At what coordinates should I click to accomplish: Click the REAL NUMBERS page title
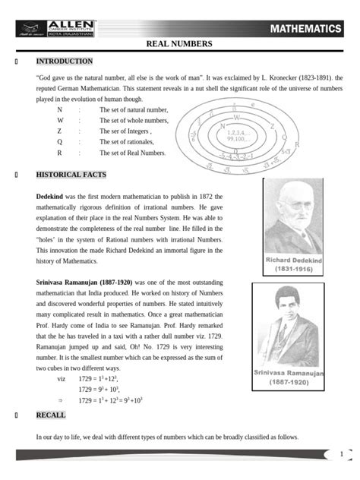[x=179, y=45]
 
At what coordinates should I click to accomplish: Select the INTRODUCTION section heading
[x=65, y=62]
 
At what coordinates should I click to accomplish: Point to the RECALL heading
[x=51, y=415]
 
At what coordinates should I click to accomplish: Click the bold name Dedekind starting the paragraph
[x=53, y=197]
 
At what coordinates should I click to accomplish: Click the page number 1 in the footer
[x=342, y=454]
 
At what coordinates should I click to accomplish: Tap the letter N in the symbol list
[x=59, y=110]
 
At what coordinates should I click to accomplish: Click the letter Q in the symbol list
[x=59, y=142]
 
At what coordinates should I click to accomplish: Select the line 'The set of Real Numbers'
[x=137, y=153]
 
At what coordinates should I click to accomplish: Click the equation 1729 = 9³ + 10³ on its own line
[x=99, y=389]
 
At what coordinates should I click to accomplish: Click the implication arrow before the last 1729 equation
[x=60, y=399]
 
